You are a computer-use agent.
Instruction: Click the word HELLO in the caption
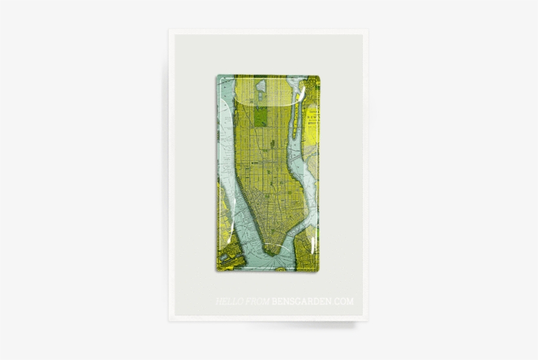pos(230,302)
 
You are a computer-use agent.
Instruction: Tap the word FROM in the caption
pos(257,302)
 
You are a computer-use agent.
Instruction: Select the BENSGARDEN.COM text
pos(312,302)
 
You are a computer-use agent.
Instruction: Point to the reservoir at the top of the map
pos(260,86)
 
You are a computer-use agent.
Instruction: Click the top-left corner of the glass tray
pos(217,75)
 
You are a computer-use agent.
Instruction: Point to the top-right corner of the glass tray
pos(319,75)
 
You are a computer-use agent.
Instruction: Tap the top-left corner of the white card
pos(169,30)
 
